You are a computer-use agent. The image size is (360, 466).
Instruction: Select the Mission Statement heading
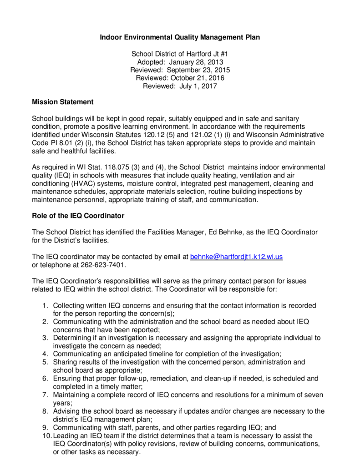62,102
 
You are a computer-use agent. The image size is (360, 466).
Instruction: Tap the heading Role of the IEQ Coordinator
78,215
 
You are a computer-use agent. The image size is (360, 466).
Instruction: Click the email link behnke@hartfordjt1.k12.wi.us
236,257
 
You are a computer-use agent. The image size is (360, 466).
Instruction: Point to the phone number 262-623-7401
106,264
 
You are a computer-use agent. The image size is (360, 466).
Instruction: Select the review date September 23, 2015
198,70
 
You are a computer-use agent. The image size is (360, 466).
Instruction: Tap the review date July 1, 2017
196,86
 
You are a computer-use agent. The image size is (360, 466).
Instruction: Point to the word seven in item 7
313,395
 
